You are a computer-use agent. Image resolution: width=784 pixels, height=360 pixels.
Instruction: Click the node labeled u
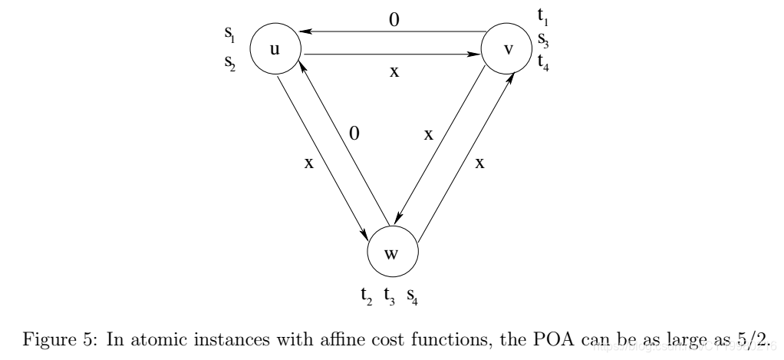(275, 48)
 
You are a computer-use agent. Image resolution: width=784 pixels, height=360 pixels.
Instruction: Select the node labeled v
(506, 49)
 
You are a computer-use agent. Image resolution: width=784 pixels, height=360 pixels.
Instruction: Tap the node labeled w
(390, 254)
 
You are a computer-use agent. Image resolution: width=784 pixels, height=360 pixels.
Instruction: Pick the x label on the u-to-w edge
(309, 163)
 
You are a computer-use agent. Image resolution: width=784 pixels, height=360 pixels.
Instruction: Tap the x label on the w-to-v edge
(479, 163)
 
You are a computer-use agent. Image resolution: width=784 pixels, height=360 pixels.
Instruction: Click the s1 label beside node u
(229, 35)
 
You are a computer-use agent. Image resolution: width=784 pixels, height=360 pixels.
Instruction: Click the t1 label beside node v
(542, 15)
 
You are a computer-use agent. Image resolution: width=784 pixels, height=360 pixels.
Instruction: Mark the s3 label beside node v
(542, 38)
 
